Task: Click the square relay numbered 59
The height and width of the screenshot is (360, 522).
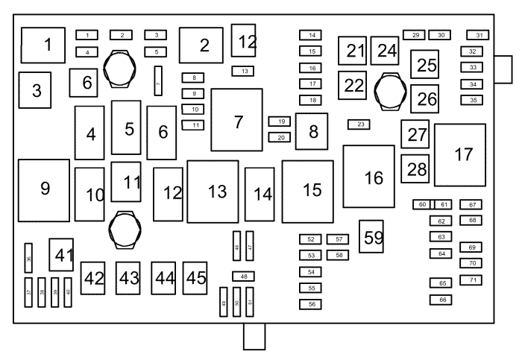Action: (371, 236)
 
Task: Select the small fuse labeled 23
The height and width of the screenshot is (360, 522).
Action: (359, 124)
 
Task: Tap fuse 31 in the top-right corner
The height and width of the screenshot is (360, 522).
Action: (478, 35)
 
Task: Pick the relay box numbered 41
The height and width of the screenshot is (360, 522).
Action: (62, 254)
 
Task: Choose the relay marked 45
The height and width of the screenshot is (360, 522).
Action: (195, 278)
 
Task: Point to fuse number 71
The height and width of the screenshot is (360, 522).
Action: (471, 280)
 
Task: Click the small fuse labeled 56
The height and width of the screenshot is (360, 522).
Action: (311, 304)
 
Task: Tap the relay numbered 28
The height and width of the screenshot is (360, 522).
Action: (415, 168)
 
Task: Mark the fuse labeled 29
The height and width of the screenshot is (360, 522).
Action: (414, 35)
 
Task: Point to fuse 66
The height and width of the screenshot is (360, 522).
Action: (441, 300)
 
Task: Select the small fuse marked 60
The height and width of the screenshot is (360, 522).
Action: (422, 204)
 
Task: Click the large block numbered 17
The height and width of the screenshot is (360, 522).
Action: (460, 155)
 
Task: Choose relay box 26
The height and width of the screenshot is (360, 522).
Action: (424, 98)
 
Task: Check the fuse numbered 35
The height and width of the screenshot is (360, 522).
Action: (473, 100)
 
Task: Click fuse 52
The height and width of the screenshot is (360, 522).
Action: (311, 239)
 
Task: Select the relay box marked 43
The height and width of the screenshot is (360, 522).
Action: (128, 278)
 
